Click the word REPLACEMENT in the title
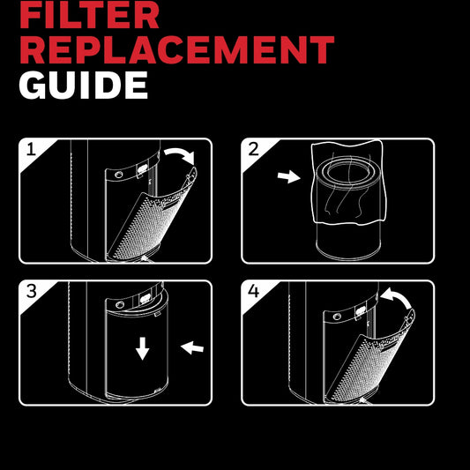point(176,49)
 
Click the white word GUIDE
point(83,85)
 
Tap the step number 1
point(31,150)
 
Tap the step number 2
point(254,150)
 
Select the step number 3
point(31,292)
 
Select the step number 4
point(254,292)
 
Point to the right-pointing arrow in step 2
point(287,177)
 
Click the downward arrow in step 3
point(142,350)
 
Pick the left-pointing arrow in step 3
point(191,349)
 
